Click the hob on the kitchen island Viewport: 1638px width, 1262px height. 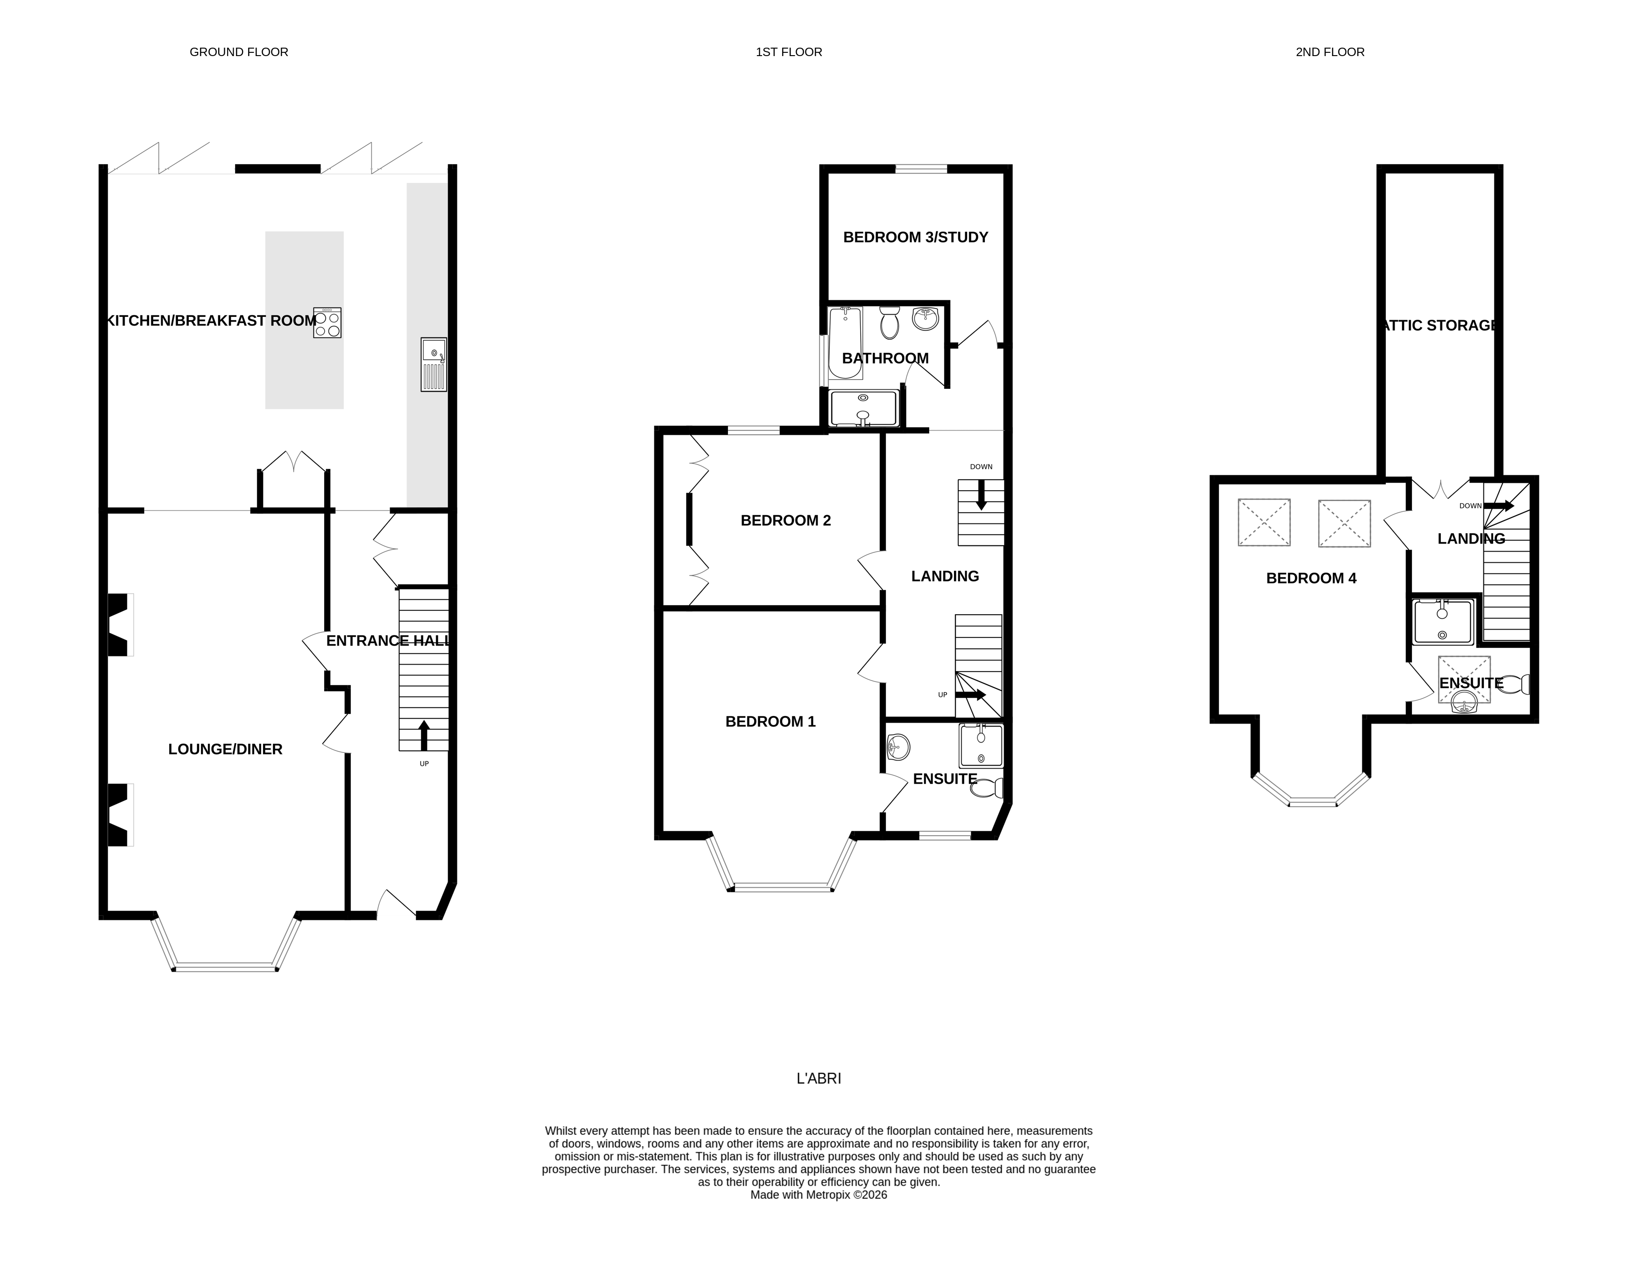pyautogui.click(x=328, y=322)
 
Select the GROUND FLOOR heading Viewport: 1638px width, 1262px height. pyautogui.click(x=238, y=52)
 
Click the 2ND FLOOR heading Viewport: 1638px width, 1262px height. pyautogui.click(x=1330, y=52)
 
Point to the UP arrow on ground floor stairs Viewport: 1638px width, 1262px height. pyautogui.click(x=424, y=735)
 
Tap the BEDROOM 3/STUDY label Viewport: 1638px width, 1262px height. pyautogui.click(x=915, y=237)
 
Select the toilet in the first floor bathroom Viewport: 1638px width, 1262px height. pyautogui.click(x=890, y=323)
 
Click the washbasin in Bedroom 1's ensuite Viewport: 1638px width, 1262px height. pyautogui.click(x=898, y=746)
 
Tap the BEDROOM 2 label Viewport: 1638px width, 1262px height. pyautogui.click(x=785, y=520)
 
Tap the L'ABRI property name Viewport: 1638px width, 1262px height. pyautogui.click(x=818, y=1078)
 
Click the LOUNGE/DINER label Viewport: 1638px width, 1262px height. pyautogui.click(x=225, y=749)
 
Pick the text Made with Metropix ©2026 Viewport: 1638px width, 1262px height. pyautogui.click(x=818, y=1195)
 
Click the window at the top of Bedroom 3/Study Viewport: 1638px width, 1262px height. pyautogui.click(x=920, y=169)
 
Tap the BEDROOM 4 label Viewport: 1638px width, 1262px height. pyautogui.click(x=1311, y=578)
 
